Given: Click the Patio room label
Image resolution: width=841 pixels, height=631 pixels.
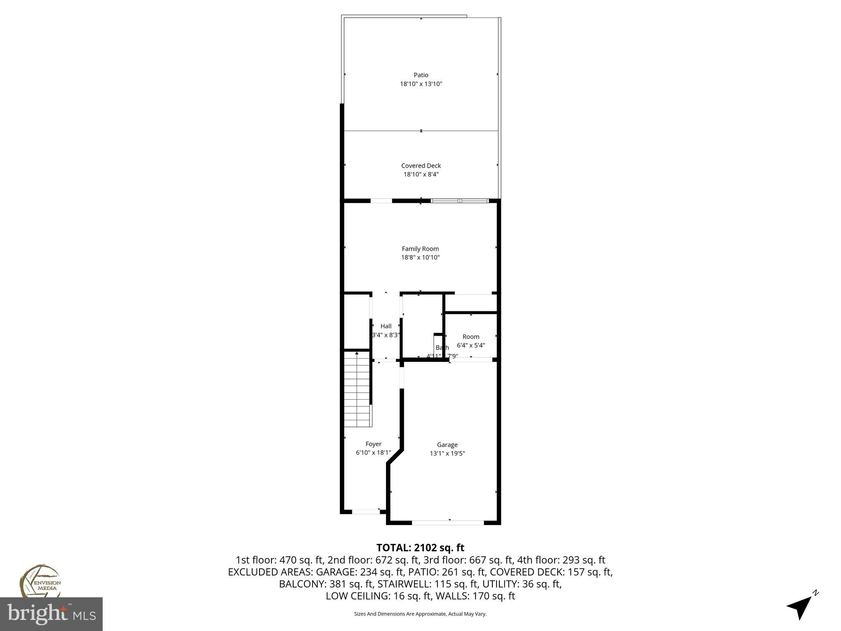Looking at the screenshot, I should tap(421, 75).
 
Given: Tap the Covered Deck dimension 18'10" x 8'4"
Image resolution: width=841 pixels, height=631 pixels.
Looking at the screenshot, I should tap(421, 174).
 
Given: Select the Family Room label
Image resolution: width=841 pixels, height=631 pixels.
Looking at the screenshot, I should tap(420, 249).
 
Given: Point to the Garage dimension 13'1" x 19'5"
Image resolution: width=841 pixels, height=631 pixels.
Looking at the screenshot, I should tap(447, 454).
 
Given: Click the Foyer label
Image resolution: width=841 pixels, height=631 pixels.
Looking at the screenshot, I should tap(373, 444).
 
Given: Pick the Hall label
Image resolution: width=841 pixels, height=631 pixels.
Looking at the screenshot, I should tap(386, 326).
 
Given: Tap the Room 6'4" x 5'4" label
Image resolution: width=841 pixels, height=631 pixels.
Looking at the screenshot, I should tap(471, 337).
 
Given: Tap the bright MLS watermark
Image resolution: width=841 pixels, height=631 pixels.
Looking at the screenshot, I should tap(51, 614).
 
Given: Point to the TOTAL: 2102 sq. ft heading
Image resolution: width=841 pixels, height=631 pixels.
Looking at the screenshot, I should tap(420, 548).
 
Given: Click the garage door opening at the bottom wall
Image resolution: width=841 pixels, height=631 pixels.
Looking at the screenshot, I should tap(448, 523).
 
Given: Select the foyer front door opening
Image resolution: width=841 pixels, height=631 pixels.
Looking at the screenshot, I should tap(365, 511).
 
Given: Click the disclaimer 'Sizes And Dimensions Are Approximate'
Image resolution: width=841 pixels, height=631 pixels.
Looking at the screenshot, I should tap(420, 614).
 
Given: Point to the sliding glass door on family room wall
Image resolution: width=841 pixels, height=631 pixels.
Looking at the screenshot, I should tap(460, 201).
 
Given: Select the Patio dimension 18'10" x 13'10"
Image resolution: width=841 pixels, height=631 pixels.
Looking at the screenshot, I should tap(421, 84).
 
